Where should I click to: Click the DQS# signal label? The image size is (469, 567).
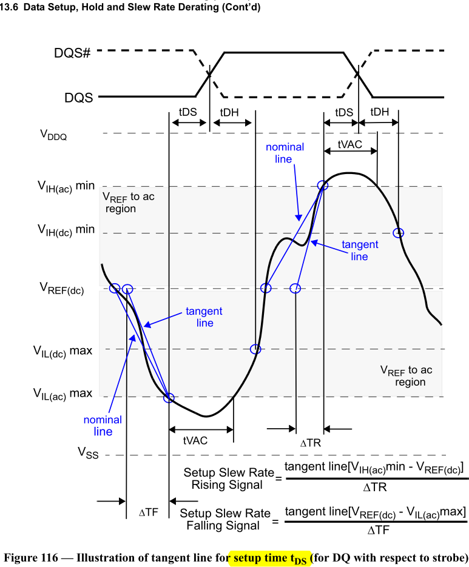72,53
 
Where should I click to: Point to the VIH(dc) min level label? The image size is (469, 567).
66,230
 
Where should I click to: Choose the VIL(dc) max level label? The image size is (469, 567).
62,351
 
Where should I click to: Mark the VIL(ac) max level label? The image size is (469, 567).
62,394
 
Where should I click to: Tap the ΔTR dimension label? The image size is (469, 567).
310,443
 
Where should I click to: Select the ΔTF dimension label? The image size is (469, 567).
148,512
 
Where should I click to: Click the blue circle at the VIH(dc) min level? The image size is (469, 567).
398,233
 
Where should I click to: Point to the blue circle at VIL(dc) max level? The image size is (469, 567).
255,349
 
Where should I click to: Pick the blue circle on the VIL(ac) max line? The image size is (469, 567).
169,398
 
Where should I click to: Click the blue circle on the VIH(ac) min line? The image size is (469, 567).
323,185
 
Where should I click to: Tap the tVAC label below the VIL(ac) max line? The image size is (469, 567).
195,441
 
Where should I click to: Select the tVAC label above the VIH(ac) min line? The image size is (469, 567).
350,146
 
